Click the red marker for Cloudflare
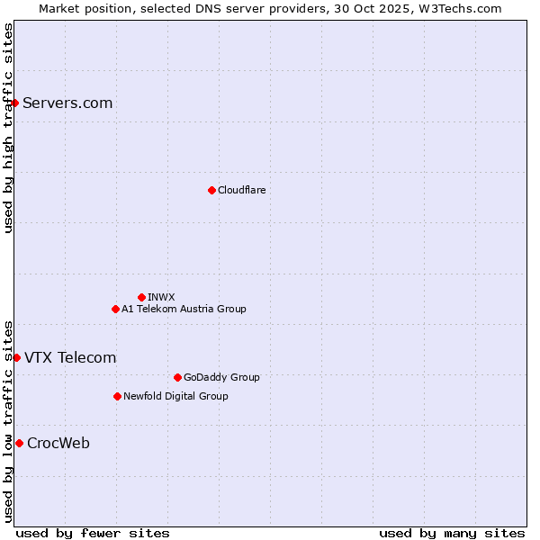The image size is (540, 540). click(x=211, y=190)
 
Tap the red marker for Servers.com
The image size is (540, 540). click(x=14, y=103)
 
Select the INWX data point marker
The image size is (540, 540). click(x=141, y=297)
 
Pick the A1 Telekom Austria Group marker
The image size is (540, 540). click(x=115, y=309)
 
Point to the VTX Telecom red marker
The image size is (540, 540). click(x=16, y=357)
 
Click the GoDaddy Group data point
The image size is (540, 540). click(x=177, y=377)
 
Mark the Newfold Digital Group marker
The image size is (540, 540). click(x=117, y=396)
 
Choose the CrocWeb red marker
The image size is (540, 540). click(x=19, y=443)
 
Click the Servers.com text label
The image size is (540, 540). click(x=67, y=103)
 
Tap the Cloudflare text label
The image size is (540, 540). click(x=241, y=190)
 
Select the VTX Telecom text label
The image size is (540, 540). click(x=70, y=357)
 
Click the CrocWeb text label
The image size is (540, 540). click(x=58, y=443)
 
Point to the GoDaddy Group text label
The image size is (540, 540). click(x=221, y=377)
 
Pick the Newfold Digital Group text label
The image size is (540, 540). click(x=175, y=396)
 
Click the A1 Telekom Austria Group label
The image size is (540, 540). click(x=184, y=309)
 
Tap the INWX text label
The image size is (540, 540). click(x=161, y=297)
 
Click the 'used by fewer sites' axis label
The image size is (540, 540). click(x=93, y=533)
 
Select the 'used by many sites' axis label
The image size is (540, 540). click(x=452, y=533)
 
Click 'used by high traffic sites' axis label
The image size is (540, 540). click(x=8, y=127)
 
